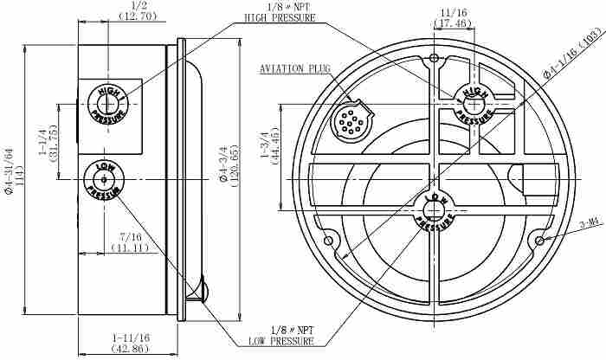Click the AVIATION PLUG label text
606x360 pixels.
295,69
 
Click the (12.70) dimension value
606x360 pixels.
138,16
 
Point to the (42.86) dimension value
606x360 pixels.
130,349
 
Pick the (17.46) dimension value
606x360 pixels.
453,23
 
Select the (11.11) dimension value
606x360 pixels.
130,247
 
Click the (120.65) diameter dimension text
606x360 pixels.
235,165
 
